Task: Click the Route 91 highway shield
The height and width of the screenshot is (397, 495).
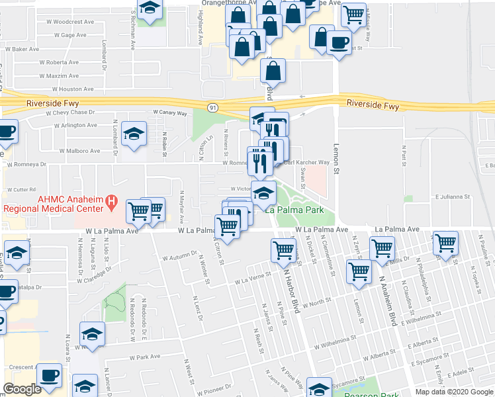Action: (x=211, y=107)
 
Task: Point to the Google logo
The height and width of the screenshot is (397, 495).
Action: (x=22, y=389)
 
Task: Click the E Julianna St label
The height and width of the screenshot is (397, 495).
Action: (x=452, y=197)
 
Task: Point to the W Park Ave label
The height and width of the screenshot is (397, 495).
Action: (x=146, y=356)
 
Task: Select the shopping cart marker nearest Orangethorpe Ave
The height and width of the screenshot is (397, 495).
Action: (x=355, y=13)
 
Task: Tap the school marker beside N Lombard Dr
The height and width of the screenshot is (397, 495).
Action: (x=134, y=134)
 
